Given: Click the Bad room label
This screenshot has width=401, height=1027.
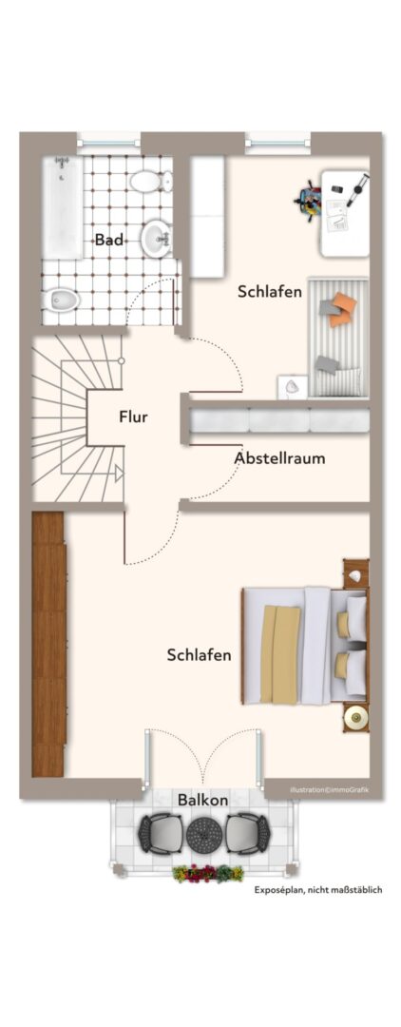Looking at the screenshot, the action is [x=108, y=240].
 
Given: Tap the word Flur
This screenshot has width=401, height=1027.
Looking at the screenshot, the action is [x=133, y=417].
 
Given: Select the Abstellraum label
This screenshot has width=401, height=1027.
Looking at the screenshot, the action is [x=279, y=457].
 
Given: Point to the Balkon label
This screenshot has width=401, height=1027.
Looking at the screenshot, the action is [x=202, y=800].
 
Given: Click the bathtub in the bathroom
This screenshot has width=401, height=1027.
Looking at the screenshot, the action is [x=63, y=208].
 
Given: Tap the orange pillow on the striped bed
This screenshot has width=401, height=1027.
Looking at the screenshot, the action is [x=341, y=309].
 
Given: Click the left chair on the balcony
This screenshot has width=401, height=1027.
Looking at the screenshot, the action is [x=160, y=833].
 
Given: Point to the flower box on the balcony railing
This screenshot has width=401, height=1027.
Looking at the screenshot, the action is [x=208, y=873].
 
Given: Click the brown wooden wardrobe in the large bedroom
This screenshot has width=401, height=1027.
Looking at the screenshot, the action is [x=49, y=645].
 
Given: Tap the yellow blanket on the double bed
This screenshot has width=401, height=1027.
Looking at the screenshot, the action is [x=280, y=654].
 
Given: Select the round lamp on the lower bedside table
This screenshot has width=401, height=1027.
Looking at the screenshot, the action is [x=355, y=717].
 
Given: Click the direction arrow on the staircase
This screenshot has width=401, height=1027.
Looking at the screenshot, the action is [x=119, y=473].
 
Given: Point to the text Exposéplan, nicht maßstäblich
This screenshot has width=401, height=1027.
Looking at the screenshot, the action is [x=318, y=890].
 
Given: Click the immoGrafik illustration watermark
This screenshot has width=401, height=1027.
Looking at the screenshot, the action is [x=329, y=790].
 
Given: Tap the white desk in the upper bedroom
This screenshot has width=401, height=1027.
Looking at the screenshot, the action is [x=345, y=214].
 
